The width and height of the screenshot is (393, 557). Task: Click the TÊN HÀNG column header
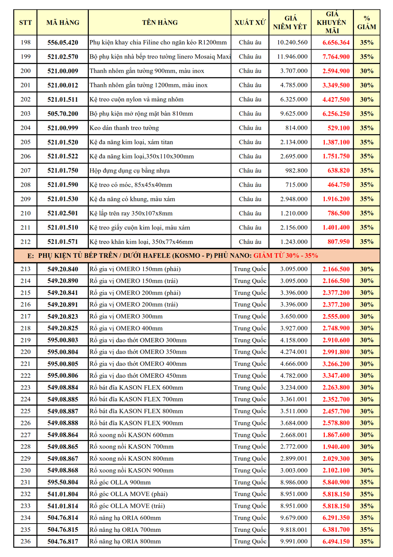(x=160, y=22)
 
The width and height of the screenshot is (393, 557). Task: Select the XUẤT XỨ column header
(x=250, y=22)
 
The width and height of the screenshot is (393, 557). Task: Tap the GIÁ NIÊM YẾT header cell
(x=290, y=22)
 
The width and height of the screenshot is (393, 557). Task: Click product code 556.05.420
(x=62, y=42)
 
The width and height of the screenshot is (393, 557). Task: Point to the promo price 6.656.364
(x=336, y=42)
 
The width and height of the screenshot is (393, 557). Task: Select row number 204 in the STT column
(x=26, y=128)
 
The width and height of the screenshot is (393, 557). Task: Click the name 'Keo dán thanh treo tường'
(x=124, y=128)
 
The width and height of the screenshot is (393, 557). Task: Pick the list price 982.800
(x=296, y=171)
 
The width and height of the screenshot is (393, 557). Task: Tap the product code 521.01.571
(x=62, y=242)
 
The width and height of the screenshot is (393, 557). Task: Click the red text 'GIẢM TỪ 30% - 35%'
(x=286, y=256)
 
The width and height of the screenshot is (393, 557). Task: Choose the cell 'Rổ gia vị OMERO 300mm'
(x=126, y=316)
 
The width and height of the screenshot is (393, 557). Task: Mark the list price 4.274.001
(x=294, y=352)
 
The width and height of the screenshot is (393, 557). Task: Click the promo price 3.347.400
(x=336, y=375)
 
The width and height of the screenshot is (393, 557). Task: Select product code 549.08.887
(x=62, y=411)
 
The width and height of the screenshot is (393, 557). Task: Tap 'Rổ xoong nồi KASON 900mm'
(x=132, y=470)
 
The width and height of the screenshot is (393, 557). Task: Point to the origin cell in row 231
(x=250, y=482)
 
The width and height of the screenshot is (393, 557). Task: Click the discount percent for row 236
(x=367, y=541)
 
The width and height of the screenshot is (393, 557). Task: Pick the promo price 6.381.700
(x=336, y=529)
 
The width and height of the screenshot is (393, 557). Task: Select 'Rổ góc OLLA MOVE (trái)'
(x=127, y=506)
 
